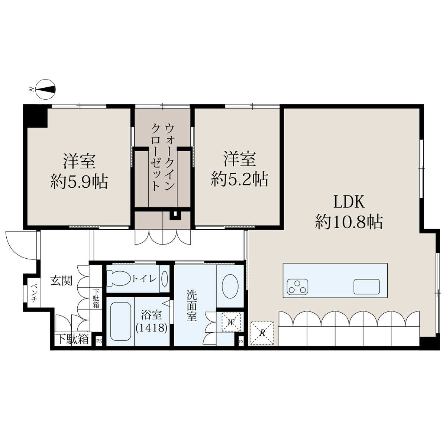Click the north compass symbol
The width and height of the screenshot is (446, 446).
[x=46, y=90]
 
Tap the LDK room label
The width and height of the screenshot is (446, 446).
[x=349, y=201]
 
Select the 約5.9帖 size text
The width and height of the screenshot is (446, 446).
[x=79, y=182]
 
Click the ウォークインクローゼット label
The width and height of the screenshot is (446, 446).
[x=162, y=157]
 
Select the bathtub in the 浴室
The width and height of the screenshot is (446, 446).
[x=120, y=321]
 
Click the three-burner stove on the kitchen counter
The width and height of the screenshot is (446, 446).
[x=298, y=287]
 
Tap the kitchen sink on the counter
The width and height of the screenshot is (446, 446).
[x=366, y=287]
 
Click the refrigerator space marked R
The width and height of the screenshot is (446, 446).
[x=262, y=333]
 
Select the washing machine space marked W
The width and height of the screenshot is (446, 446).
[x=231, y=322]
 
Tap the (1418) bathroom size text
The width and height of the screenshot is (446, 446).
[x=152, y=328]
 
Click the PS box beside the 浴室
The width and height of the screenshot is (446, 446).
[x=99, y=341]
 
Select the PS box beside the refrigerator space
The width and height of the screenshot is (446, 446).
[x=241, y=341]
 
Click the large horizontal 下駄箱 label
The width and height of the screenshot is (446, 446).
[x=73, y=340]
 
